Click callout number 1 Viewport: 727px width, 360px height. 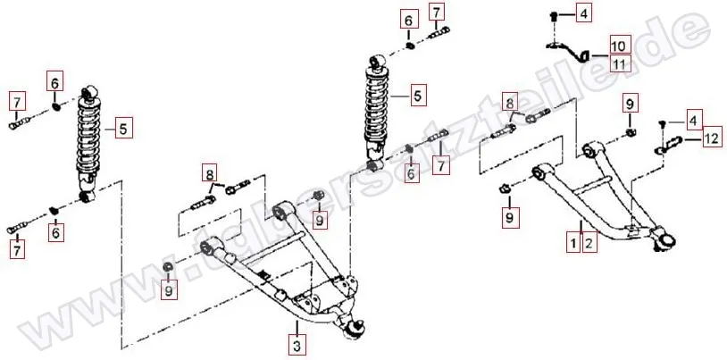point(573,241)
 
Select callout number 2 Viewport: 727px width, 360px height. point(588,241)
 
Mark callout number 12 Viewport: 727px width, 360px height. point(710,138)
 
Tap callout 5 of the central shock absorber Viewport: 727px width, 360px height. point(417,92)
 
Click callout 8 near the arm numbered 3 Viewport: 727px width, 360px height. point(209,172)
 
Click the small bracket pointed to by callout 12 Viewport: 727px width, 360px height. point(673,141)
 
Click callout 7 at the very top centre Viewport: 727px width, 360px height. point(436,13)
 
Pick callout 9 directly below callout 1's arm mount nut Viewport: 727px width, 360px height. point(508,215)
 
